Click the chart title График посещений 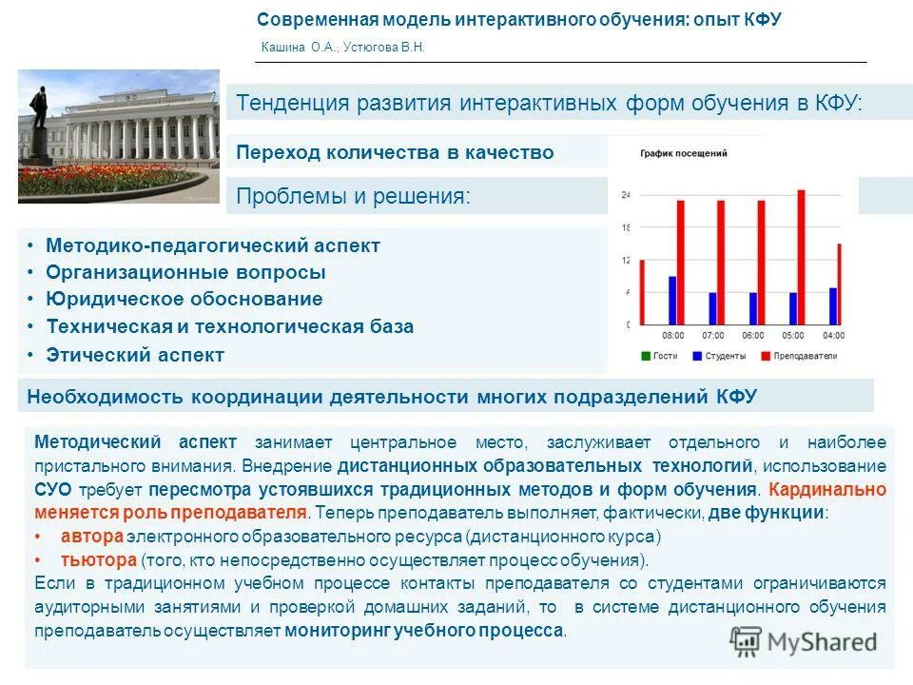coord(684,152)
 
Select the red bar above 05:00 coord(801,257)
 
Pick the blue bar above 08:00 coord(672,301)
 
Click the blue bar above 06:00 coord(753,308)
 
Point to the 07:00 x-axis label coord(713,336)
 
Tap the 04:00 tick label coord(833,336)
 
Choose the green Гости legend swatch coord(646,356)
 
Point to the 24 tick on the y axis coord(625,195)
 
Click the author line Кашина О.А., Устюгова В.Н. coord(342,48)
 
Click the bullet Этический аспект coord(135,355)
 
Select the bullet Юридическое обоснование coord(185,299)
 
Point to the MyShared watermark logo coord(804,641)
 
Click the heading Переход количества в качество coord(394,152)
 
